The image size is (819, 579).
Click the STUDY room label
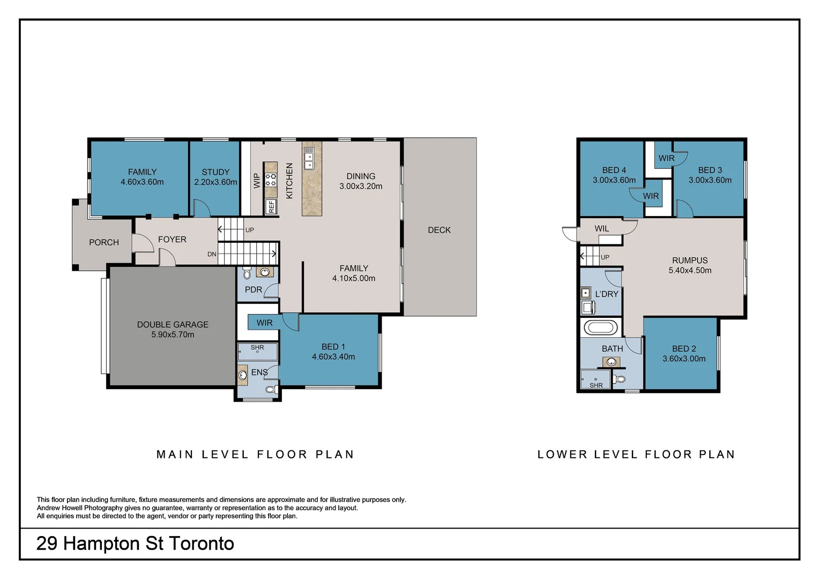tap(215, 172)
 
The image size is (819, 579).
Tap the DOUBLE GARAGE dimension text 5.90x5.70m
tap(173, 335)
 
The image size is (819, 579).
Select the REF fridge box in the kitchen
tap(271, 207)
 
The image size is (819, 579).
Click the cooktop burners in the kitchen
tap(271, 180)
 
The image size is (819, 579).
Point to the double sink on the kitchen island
tap(309, 158)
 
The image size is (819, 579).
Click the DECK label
tap(439, 230)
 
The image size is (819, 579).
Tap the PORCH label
tap(104, 242)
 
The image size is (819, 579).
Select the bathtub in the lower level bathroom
tap(600, 328)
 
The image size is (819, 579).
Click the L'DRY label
tap(607, 294)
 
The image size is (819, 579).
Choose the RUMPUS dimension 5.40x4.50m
tap(690, 270)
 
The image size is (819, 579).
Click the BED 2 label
tap(684, 348)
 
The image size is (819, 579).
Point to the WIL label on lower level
tap(602, 228)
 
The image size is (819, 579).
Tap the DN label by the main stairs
tap(212, 254)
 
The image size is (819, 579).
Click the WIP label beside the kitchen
tap(257, 181)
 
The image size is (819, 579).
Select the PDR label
tap(254, 289)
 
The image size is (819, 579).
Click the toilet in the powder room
tap(247, 273)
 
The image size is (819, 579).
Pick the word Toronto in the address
tap(201, 544)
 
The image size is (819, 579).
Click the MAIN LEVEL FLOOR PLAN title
tap(255, 454)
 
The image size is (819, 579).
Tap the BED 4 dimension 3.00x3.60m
tap(614, 180)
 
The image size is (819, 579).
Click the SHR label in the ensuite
tap(257, 347)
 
